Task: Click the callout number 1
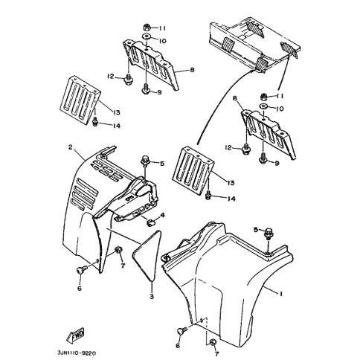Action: pyautogui.click(x=281, y=294)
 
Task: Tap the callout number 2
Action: pyautogui.click(x=71, y=147)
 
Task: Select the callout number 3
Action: pyautogui.click(x=152, y=296)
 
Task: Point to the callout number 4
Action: pyautogui.click(x=162, y=216)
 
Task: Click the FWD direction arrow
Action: pyautogui.click(x=75, y=336)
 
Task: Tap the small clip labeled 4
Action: pyautogui.click(x=150, y=223)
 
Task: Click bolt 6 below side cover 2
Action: pyautogui.click(x=81, y=270)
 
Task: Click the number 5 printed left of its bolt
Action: pyautogui.click(x=256, y=230)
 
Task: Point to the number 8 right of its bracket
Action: pyautogui.click(x=192, y=70)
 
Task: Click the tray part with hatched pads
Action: pyautogui.click(x=254, y=45)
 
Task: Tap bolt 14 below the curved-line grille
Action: pyautogui.click(x=208, y=195)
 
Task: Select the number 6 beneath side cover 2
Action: pyautogui.click(x=80, y=289)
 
